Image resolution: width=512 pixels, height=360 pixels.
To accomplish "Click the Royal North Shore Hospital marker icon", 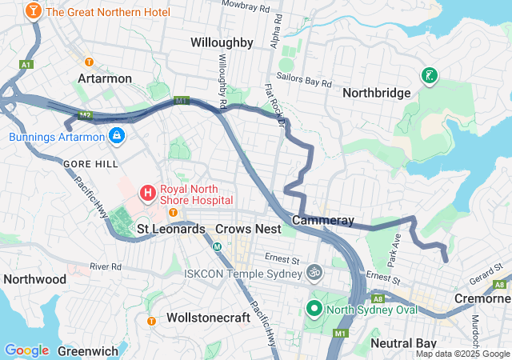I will coord(147,192).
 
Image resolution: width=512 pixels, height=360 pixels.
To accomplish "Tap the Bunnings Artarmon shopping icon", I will coord(117,136).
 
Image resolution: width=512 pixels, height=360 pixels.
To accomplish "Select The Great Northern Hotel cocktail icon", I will coord(34,11).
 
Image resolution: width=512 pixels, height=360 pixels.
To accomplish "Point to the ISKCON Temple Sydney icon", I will coord(314,273).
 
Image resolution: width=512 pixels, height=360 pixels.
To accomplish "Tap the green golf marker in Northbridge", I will coord(430,76).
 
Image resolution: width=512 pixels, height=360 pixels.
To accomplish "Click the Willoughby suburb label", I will coord(222,42).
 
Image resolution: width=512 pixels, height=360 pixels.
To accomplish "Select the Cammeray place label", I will coord(323,220).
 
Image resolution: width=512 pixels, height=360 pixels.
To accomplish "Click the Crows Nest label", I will coord(248,229).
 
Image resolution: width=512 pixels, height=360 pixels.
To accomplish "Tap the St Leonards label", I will coord(171,229).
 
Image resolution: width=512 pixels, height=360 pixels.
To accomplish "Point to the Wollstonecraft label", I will coord(209,318).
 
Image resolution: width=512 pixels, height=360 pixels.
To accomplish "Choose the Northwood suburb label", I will coord(34,279).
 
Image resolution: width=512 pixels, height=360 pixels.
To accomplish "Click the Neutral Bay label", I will coord(403,343).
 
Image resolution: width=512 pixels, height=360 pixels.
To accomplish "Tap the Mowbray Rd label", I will coord(246,7).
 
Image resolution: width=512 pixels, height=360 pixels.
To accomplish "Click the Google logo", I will coord(26,350).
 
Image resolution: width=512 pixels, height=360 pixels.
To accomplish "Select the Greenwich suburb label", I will coord(88,350).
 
